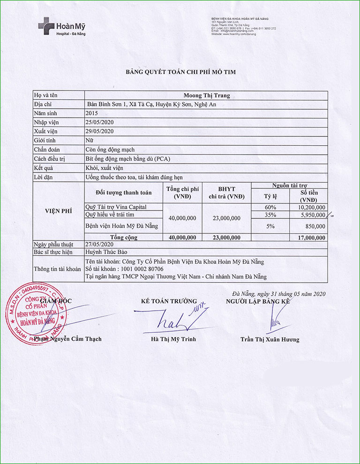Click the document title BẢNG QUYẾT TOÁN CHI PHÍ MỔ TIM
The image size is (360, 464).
(x=180, y=72)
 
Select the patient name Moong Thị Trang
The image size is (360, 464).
(x=206, y=96)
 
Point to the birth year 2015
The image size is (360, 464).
(x=92, y=113)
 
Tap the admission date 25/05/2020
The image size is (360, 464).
(x=100, y=122)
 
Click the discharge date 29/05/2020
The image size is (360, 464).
(x=100, y=131)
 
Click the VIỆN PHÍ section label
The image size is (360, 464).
(x=59, y=211)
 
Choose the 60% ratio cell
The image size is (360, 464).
(x=270, y=207)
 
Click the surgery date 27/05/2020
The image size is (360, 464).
(x=100, y=244)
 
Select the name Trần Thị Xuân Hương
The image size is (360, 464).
(x=270, y=339)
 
